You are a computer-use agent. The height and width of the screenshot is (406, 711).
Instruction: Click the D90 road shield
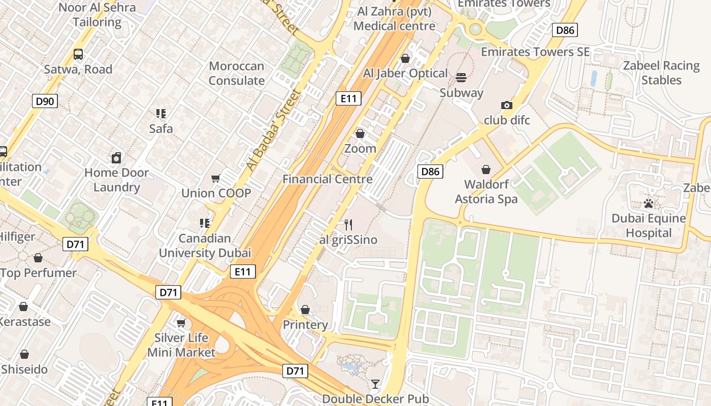(x=45, y=101)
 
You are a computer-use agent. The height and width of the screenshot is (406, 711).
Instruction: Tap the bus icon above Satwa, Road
(x=78, y=54)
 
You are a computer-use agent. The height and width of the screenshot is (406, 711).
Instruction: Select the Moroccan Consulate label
(x=237, y=73)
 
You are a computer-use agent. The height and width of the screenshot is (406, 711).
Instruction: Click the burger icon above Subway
(x=461, y=78)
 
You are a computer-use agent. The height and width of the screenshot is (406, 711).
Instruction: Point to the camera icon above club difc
(x=506, y=106)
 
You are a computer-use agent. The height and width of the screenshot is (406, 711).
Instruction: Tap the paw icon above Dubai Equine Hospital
(x=649, y=204)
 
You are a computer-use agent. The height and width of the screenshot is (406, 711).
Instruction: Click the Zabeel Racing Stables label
(x=661, y=73)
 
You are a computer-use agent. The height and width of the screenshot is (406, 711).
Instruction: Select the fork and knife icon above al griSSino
(x=348, y=224)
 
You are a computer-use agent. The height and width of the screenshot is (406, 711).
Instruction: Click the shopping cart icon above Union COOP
(x=216, y=178)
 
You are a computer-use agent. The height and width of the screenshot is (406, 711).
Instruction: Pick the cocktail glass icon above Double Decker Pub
(x=375, y=384)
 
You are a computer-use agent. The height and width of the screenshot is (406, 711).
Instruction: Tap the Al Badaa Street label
(x=273, y=129)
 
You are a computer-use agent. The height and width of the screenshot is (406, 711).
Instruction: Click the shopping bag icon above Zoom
(x=360, y=133)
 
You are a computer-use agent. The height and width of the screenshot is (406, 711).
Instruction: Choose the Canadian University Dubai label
(x=205, y=245)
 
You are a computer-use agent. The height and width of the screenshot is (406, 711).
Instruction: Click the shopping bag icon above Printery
(x=305, y=310)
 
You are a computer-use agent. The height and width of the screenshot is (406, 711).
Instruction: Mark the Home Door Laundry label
(x=116, y=180)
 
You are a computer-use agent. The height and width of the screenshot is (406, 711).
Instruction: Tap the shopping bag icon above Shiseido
(x=24, y=354)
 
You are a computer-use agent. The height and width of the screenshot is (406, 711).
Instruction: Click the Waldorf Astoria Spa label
(x=486, y=191)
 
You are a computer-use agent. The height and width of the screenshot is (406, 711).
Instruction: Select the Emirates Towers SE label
(x=535, y=52)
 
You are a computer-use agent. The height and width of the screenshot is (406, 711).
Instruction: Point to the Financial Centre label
(x=328, y=179)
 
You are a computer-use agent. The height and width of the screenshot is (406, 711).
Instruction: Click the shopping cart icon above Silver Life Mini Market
(x=181, y=323)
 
